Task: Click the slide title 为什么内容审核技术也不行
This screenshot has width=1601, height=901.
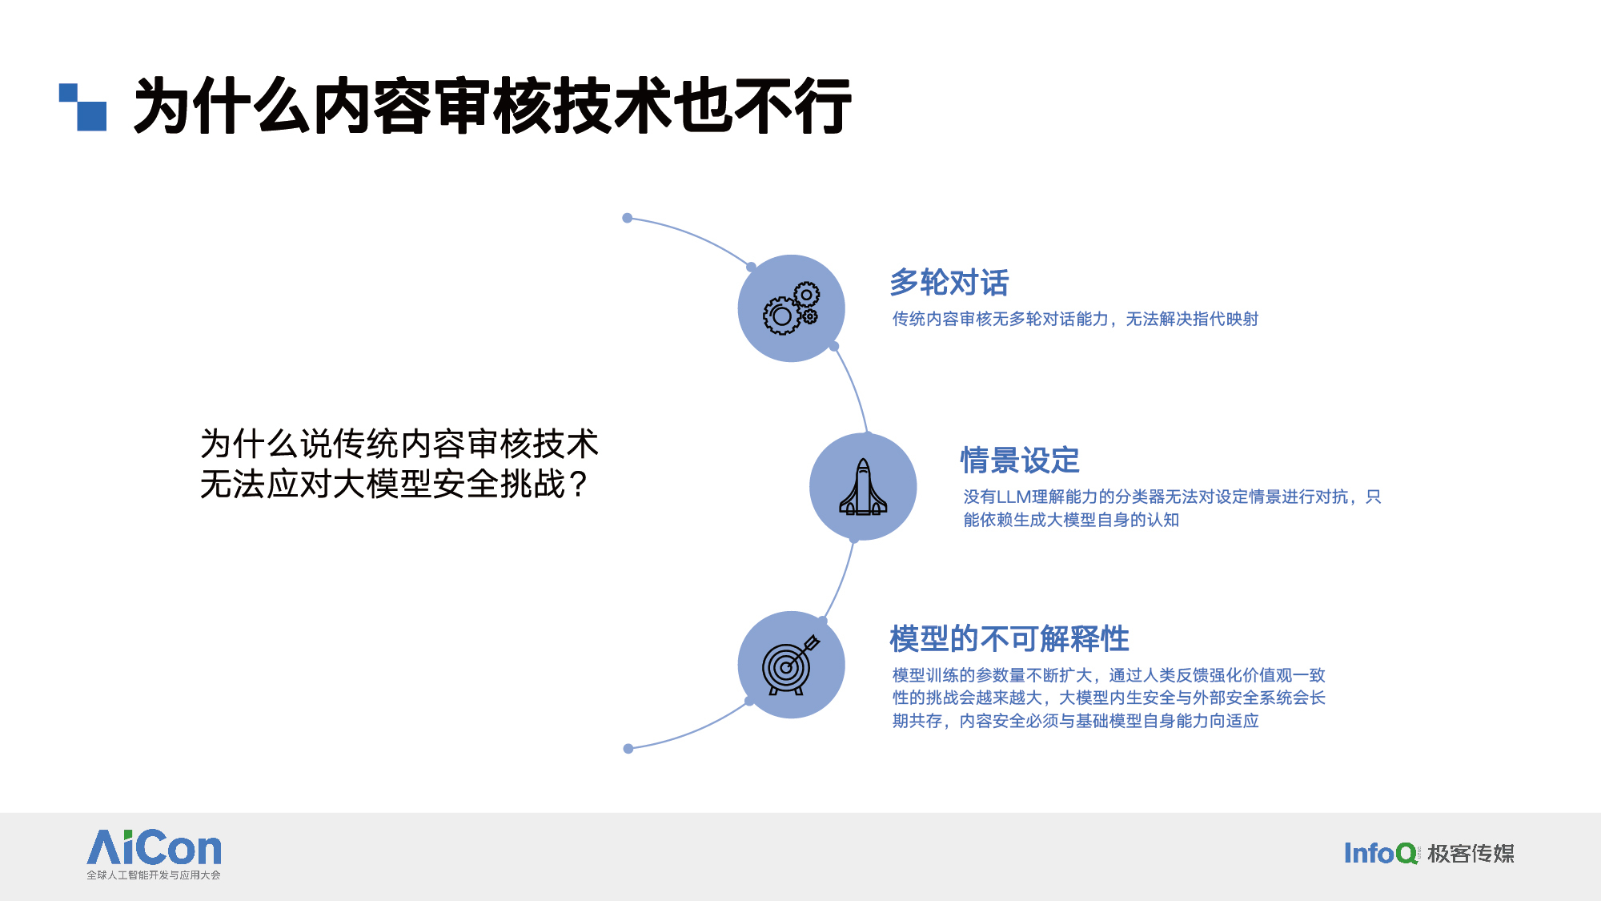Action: (492, 106)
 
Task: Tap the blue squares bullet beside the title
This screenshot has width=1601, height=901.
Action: (82, 107)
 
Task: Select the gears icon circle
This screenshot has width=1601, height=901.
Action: (791, 308)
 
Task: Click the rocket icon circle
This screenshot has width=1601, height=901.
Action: (863, 486)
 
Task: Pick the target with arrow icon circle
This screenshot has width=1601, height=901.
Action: (791, 665)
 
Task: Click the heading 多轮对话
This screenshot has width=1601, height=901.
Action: (949, 283)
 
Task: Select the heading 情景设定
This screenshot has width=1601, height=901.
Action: (1020, 461)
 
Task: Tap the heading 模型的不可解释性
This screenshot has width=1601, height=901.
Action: (1009, 639)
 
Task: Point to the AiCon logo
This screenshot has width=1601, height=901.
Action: (154, 847)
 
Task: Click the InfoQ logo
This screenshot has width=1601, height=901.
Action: (1380, 854)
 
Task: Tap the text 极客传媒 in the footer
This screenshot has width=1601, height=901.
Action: (1471, 854)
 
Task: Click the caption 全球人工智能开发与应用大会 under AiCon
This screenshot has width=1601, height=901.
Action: (154, 875)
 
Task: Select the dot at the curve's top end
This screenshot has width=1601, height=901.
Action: (628, 218)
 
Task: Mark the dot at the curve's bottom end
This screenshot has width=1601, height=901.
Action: (628, 749)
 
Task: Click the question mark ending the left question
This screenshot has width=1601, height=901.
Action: (578, 485)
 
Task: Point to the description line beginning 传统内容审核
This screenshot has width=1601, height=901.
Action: (1075, 319)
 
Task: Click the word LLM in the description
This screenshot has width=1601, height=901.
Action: (1013, 497)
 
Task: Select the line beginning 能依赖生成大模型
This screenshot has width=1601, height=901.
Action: (1071, 520)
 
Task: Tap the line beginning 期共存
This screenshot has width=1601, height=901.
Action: (1076, 721)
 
